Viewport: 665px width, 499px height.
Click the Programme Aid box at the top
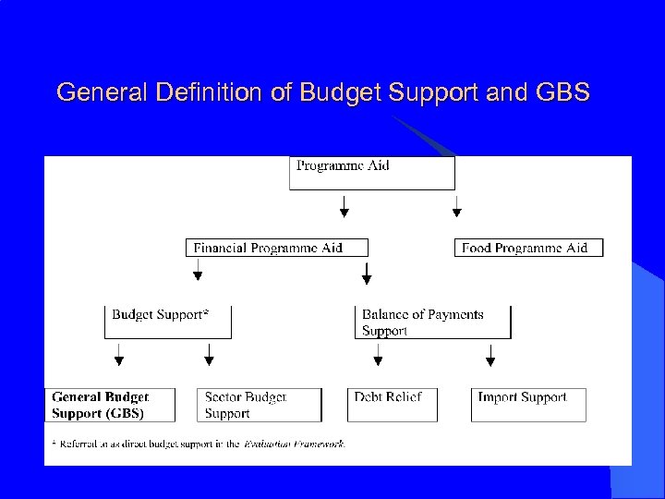[x=371, y=173]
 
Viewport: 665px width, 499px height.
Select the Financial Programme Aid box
[x=277, y=248]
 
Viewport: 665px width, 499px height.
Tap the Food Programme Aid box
[x=528, y=248]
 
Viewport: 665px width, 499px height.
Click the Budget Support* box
[x=167, y=322]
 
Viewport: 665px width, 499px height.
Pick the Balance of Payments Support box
[x=432, y=322]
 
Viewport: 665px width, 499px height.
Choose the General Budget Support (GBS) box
[x=114, y=405]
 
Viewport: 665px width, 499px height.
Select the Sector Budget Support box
[x=260, y=405]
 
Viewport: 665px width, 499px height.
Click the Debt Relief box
[x=391, y=405]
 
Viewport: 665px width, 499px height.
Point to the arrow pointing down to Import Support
[x=490, y=354]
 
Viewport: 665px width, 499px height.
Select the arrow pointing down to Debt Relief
[x=361, y=354]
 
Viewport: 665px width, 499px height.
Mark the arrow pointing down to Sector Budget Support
[x=209, y=354]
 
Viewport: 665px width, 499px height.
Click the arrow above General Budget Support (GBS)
[x=118, y=354]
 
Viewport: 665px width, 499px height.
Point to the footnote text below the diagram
[x=199, y=444]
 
